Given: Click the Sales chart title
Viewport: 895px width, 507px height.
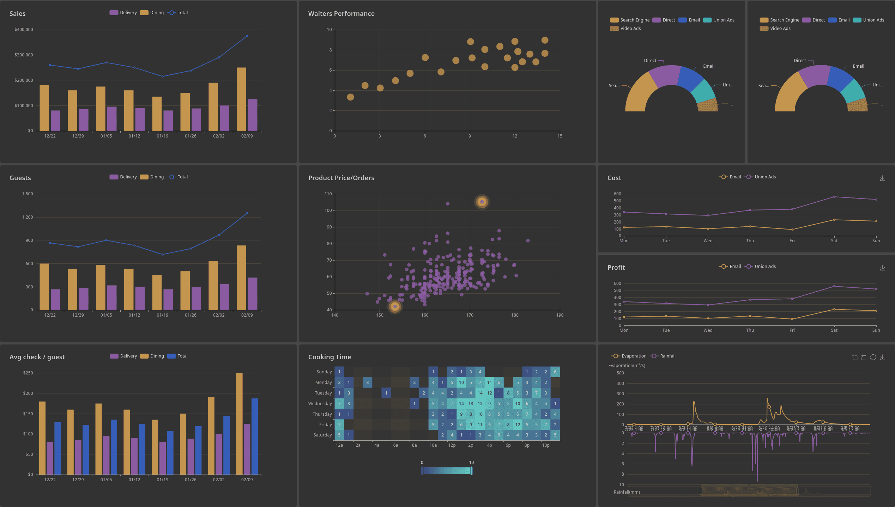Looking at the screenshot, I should click(17, 13).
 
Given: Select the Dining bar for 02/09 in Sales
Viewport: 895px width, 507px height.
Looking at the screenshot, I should click(241, 99).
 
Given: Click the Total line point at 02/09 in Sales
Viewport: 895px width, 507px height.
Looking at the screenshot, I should click(247, 36).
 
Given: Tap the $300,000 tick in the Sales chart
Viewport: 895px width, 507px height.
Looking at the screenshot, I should click(24, 55).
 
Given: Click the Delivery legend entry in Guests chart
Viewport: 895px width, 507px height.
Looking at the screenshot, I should click(123, 177).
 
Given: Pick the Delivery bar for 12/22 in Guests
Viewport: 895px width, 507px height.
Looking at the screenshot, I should click(55, 299).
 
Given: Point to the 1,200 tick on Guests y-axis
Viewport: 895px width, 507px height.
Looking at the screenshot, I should click(27, 217).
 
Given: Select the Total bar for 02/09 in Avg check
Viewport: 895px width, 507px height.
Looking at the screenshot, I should click(254, 436).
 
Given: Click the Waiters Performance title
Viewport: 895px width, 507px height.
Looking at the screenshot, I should click(341, 13).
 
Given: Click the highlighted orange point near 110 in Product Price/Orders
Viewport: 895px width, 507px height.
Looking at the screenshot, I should click(482, 202).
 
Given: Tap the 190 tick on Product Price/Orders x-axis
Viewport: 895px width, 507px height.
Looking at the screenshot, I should click(560, 315).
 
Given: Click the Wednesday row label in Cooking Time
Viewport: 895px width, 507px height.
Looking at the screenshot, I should click(320, 404).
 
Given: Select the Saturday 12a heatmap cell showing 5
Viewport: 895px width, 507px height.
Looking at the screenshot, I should click(339, 435).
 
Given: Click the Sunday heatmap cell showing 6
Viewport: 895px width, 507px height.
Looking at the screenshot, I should click(555, 372).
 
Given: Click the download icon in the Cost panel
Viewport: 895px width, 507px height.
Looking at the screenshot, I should click(882, 178).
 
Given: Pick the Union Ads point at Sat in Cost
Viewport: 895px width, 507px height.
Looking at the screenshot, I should click(834, 197).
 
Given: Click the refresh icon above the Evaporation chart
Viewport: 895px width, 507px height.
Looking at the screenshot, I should click(873, 357).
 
